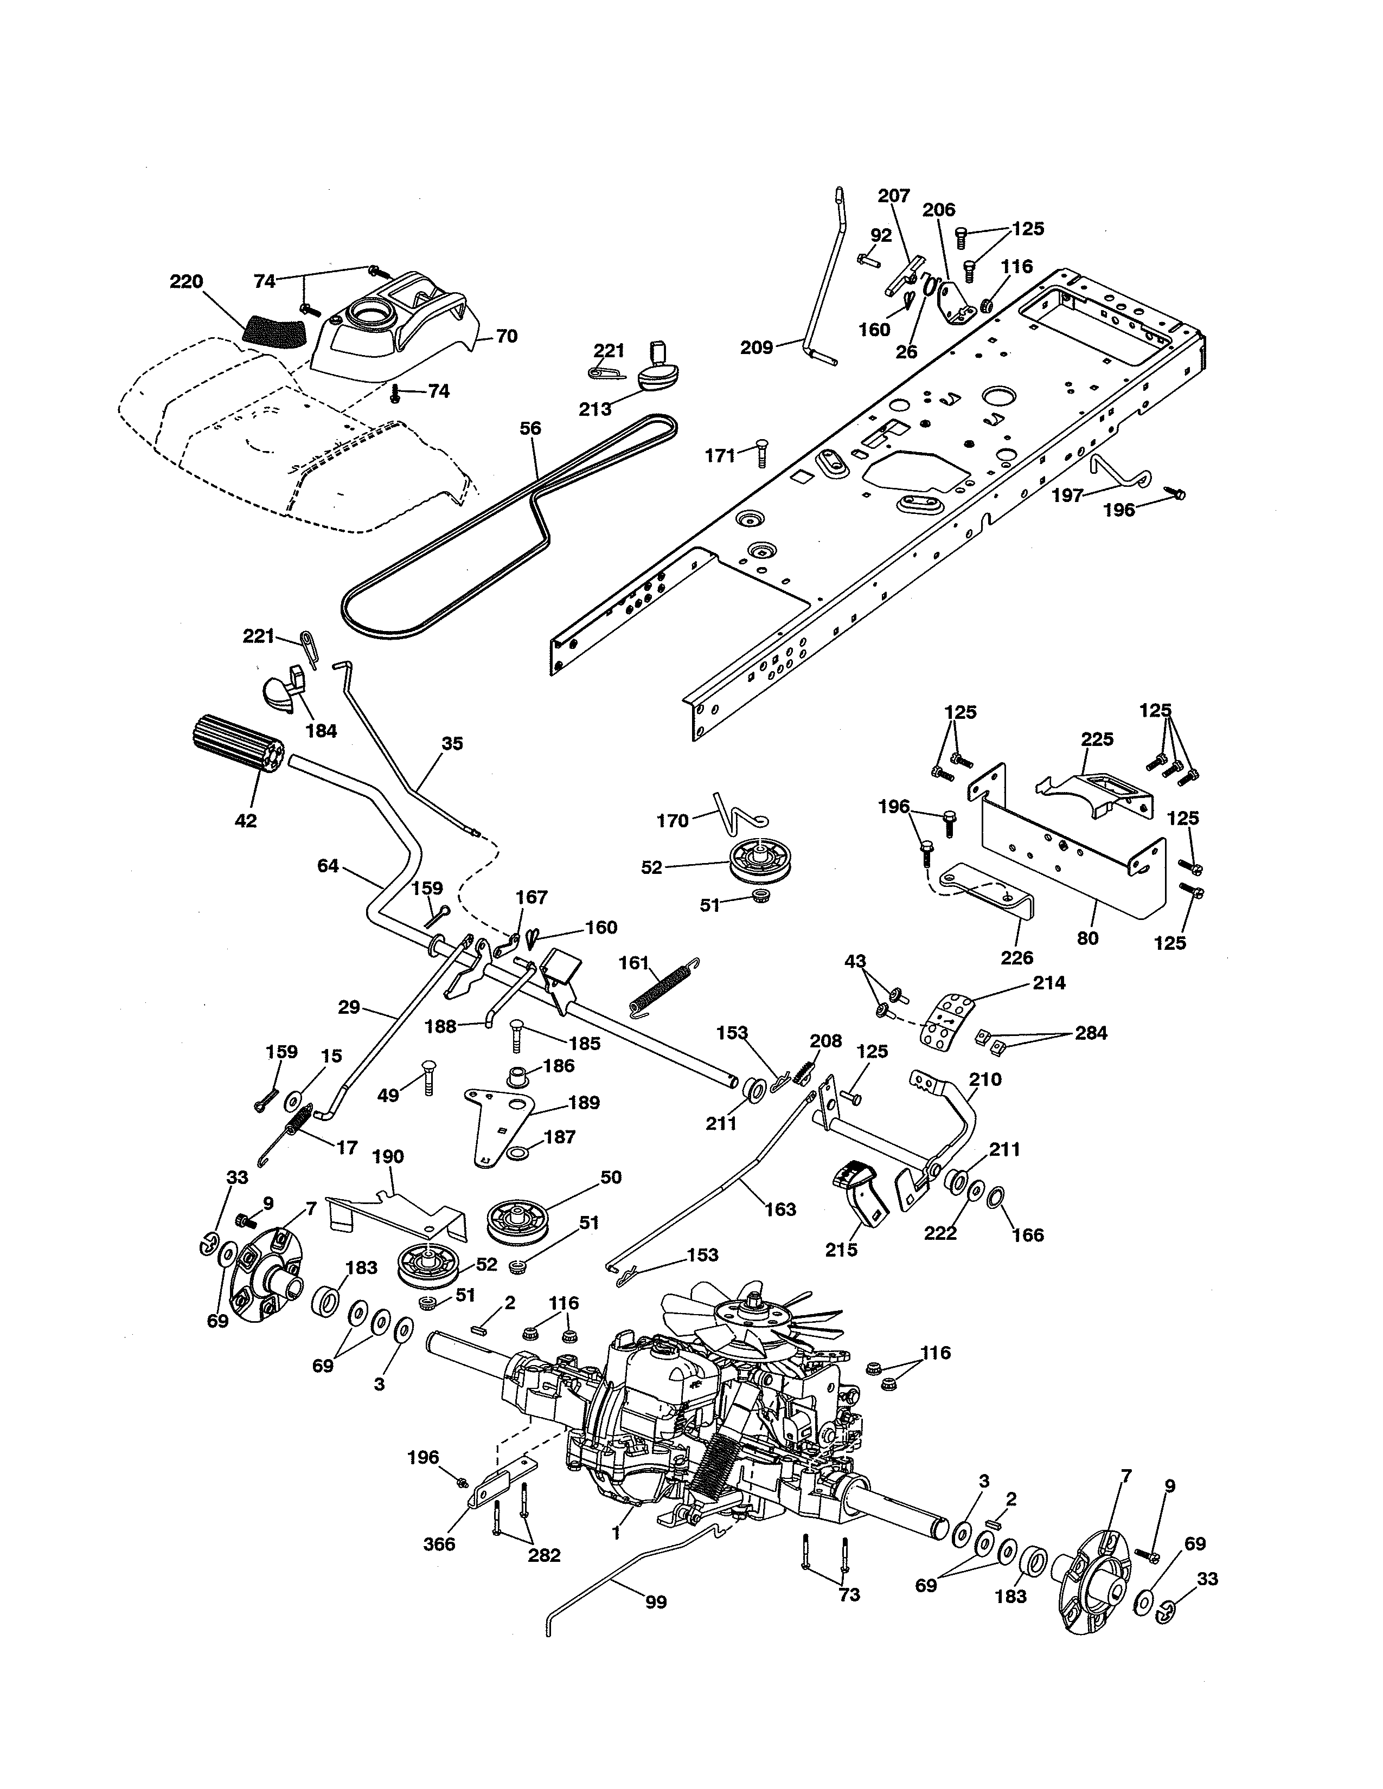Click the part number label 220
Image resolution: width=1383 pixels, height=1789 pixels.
[x=186, y=282]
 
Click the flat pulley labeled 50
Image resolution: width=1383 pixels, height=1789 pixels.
[x=518, y=1215]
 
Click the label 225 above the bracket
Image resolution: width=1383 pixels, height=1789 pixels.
[x=1097, y=739]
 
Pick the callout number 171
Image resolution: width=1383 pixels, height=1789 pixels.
[x=720, y=456]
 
